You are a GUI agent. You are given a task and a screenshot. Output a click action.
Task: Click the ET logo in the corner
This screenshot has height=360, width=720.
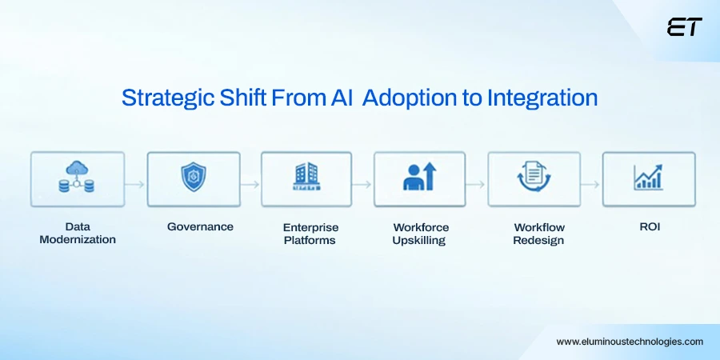684,27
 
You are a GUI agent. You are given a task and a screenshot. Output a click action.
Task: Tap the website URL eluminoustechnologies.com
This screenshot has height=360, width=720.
630,342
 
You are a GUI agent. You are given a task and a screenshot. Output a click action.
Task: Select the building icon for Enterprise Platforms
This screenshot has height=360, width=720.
306,178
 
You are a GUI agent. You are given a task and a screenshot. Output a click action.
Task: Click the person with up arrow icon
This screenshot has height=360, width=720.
420,178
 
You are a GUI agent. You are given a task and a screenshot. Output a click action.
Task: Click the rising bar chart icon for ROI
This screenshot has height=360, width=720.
648,178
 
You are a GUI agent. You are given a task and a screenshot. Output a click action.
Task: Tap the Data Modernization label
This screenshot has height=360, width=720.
78,234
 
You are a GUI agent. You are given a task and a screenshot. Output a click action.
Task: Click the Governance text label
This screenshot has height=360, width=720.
200,227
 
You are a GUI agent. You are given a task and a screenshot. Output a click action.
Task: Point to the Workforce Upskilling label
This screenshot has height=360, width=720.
421,234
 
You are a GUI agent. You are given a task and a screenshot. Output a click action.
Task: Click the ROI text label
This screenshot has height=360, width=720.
649,227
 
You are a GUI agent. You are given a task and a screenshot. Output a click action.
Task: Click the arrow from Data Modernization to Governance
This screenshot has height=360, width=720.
135,184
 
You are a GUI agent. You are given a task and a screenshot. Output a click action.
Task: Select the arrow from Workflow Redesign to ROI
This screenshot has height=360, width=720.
591,184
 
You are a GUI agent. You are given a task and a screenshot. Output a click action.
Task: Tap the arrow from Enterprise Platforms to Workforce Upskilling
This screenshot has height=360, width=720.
362,184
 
